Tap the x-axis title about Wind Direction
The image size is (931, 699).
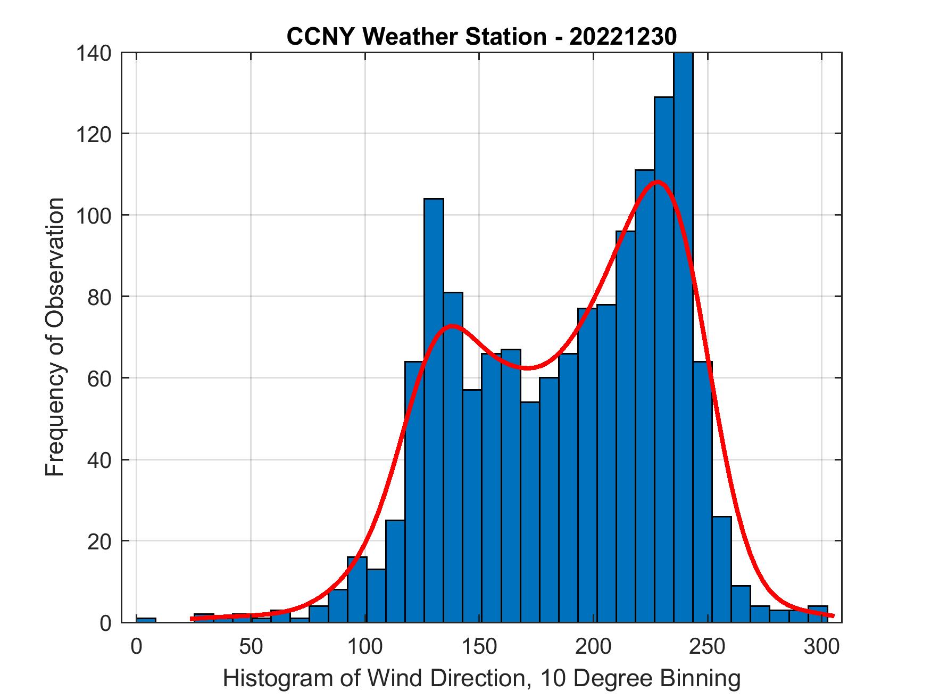pyautogui.click(x=481, y=678)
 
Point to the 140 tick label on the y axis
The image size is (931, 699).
pyautogui.click(x=94, y=53)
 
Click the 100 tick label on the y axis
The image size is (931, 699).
pyautogui.click(x=94, y=215)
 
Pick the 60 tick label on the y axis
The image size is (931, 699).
pyautogui.click(x=100, y=378)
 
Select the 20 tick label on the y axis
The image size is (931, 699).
pyautogui.click(x=100, y=541)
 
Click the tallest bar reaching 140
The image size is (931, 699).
pyautogui.click(x=683, y=341)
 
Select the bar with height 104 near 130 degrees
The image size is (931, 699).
pyautogui.click(x=434, y=410)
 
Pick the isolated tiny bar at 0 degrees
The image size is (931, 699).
pyautogui.click(x=146, y=620)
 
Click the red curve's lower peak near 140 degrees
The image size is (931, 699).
pyautogui.click(x=452, y=325)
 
